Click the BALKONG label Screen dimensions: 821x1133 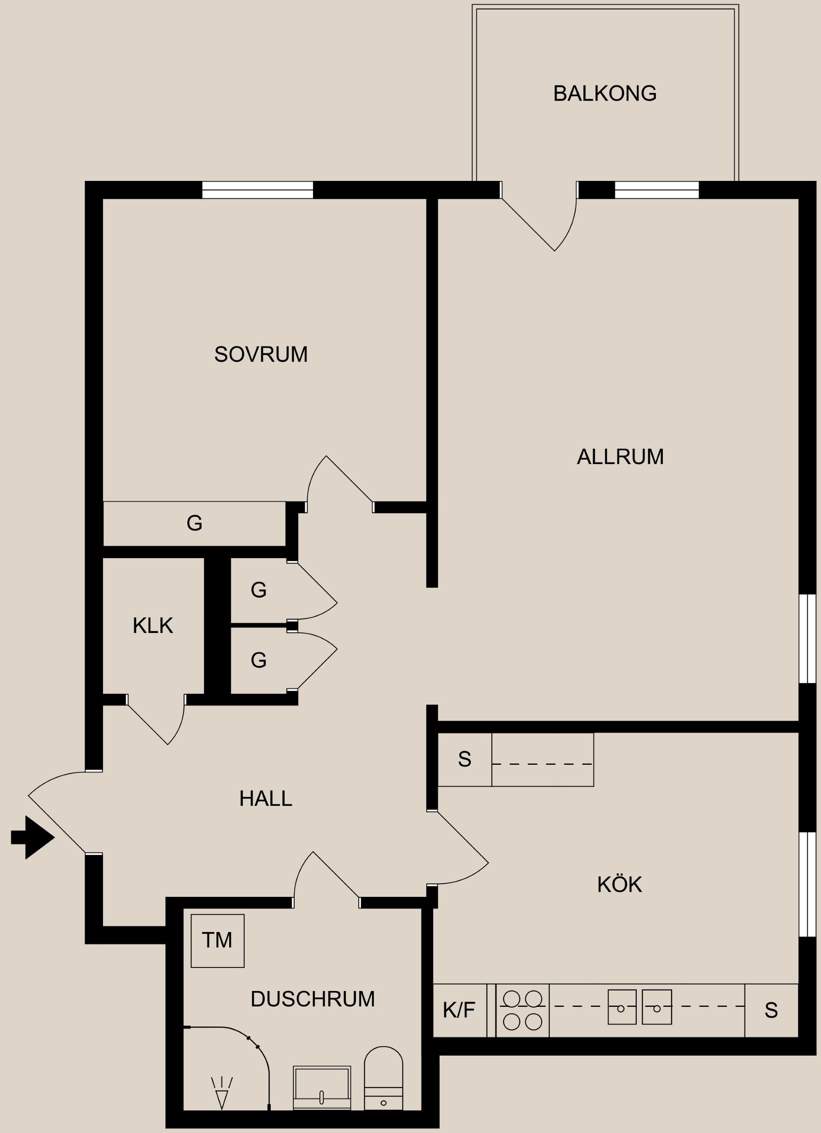click(x=605, y=93)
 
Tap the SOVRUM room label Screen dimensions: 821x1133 click(x=261, y=354)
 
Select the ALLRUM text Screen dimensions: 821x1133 click(x=620, y=457)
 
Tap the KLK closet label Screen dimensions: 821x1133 click(x=153, y=625)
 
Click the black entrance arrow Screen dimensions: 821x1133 click(x=32, y=837)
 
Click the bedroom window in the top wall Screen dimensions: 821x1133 click(x=258, y=190)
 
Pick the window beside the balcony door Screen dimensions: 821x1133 click(x=657, y=190)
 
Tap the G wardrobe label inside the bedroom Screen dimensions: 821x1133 click(x=194, y=523)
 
